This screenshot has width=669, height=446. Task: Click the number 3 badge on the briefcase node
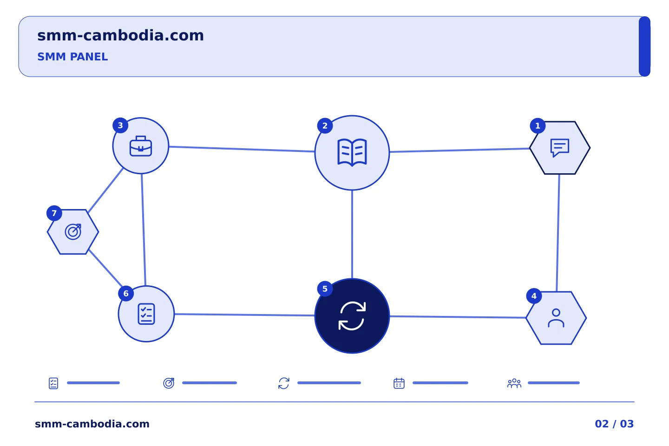(120, 125)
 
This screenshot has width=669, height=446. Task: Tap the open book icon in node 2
(352, 152)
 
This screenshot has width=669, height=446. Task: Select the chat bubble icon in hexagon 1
(560, 148)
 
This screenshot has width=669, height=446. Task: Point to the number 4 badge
(534, 296)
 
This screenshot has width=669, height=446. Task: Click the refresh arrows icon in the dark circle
(352, 316)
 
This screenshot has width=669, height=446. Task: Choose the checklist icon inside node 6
(146, 314)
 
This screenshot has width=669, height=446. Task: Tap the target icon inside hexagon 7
(73, 231)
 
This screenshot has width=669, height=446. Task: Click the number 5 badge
(325, 289)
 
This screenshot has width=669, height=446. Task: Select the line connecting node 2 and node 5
(352, 235)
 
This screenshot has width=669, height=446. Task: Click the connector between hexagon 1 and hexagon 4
(558, 233)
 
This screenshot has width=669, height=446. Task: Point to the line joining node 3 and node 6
(144, 230)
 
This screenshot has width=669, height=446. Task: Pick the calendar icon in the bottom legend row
(399, 383)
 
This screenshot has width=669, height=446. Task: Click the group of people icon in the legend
(514, 383)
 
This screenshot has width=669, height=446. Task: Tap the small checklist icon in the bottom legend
(53, 383)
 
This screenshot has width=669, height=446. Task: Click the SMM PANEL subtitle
(72, 57)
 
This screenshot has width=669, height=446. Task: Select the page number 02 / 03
(614, 424)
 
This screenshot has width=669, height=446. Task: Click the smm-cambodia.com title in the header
(121, 36)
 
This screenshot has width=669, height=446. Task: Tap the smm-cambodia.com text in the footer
(92, 424)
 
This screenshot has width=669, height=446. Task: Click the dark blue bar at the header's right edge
(644, 46)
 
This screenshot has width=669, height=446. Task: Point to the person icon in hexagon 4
(556, 318)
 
